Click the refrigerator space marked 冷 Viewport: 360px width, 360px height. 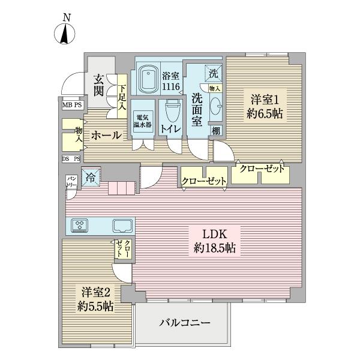90,177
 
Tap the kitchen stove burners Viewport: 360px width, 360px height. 80,226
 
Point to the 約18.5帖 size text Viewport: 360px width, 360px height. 214,248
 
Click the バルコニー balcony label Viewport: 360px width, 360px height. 184,323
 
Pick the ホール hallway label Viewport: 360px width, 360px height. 106,136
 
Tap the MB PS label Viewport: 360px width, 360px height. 71,104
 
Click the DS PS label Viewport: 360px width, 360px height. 70,159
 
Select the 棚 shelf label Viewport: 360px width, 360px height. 215,131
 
